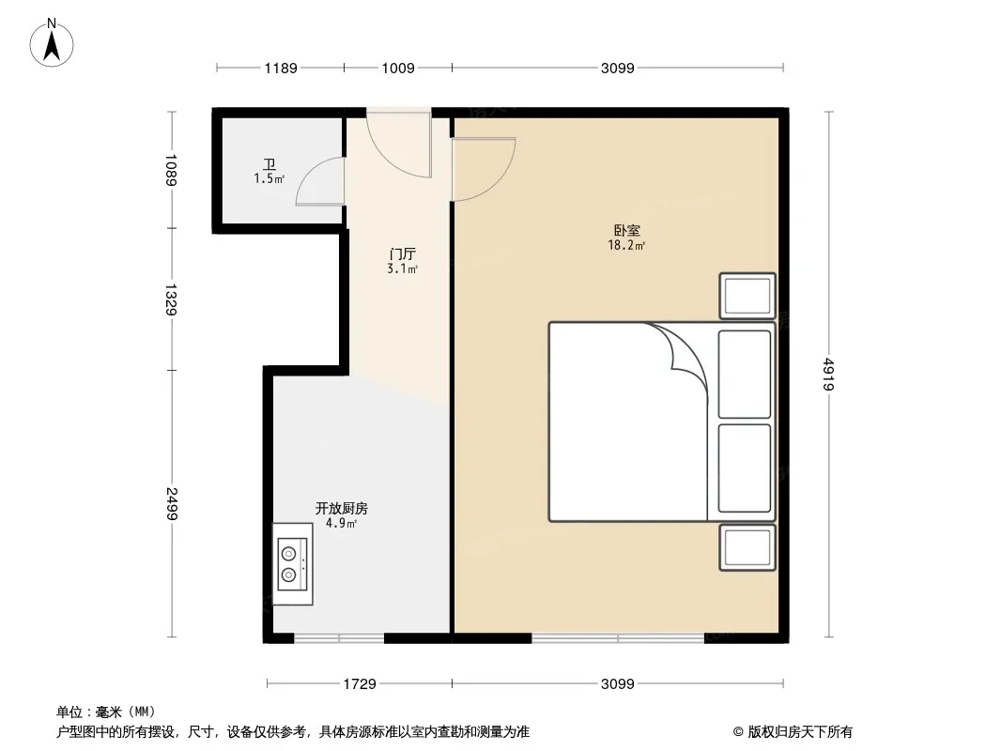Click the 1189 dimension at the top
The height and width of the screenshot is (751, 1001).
pyautogui.click(x=281, y=68)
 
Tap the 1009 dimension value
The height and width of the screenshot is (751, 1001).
pyautogui.click(x=398, y=68)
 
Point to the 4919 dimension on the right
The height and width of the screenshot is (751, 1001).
pyautogui.click(x=828, y=374)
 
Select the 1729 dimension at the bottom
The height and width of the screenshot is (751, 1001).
pyautogui.click(x=360, y=684)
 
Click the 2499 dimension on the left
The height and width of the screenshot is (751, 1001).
pyautogui.click(x=172, y=504)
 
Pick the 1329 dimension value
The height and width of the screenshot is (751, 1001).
pyautogui.click(x=172, y=299)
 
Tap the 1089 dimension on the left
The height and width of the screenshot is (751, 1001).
pyautogui.click(x=172, y=170)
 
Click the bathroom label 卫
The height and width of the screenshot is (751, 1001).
pyautogui.click(x=269, y=165)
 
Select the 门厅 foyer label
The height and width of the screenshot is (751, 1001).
pyautogui.click(x=402, y=254)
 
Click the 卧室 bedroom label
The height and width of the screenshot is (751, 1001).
pyautogui.click(x=627, y=230)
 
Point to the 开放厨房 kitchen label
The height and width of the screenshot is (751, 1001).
pyautogui.click(x=342, y=508)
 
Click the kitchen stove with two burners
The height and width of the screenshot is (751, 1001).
pyautogui.click(x=292, y=564)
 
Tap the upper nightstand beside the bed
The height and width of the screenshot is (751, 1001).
pyautogui.click(x=747, y=296)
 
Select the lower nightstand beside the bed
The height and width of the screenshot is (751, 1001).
pyautogui.click(x=747, y=547)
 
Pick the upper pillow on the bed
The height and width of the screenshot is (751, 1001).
pyautogui.click(x=745, y=375)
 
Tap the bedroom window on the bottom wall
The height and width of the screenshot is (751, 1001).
pyautogui.click(x=618, y=637)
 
